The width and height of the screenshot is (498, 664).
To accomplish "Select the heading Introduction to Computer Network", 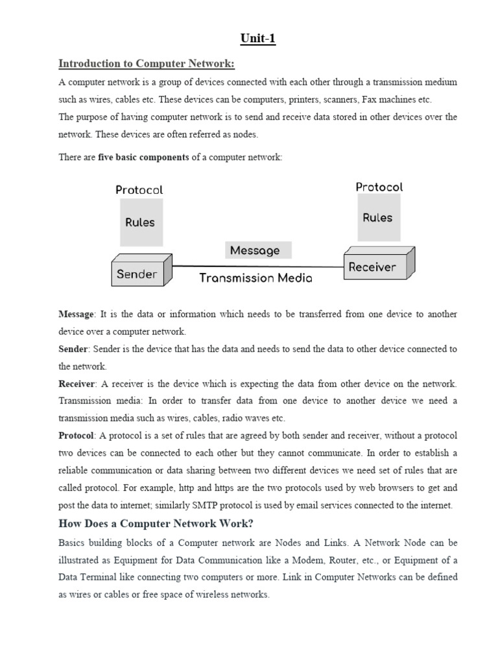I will click(146, 64).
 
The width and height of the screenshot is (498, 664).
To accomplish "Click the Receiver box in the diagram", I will click(372, 267).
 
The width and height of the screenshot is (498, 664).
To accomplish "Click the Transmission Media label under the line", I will click(255, 278).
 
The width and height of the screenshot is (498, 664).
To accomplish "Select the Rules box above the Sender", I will click(140, 222).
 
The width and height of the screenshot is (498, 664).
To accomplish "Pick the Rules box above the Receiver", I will click(377, 217).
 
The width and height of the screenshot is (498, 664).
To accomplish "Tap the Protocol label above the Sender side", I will click(139, 190).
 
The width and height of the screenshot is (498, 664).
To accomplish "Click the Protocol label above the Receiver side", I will click(379, 187).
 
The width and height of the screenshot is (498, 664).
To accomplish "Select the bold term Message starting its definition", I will click(77, 314).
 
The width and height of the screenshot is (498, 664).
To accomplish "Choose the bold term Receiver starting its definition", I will click(77, 384).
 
